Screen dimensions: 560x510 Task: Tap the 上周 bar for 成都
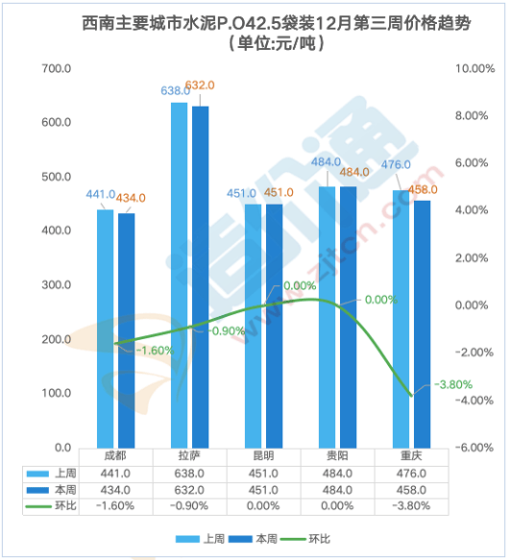point(106,328)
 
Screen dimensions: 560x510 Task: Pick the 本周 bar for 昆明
point(275,325)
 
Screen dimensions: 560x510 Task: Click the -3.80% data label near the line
point(453,384)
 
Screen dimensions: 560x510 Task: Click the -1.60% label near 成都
point(155,351)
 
